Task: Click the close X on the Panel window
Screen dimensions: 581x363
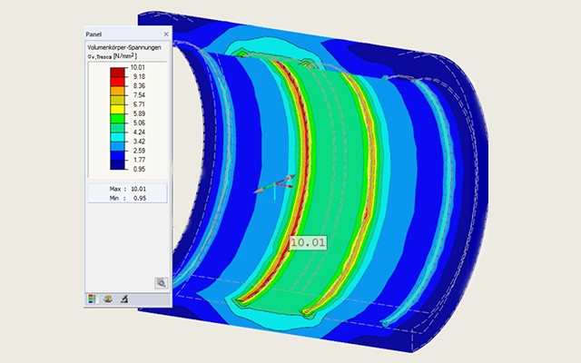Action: [166, 34]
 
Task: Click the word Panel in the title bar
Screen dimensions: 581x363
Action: [94, 34]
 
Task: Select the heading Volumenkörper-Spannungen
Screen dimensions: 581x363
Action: [124, 47]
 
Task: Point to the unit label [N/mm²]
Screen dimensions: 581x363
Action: [125, 56]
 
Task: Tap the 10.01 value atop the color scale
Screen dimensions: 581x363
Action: [137, 67]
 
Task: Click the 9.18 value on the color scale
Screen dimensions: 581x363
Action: [139, 76]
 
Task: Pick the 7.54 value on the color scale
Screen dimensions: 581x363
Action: [139, 95]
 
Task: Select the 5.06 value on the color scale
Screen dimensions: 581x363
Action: [139, 123]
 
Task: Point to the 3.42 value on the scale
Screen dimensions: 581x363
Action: [139, 142]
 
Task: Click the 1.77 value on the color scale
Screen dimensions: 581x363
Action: [139, 160]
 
